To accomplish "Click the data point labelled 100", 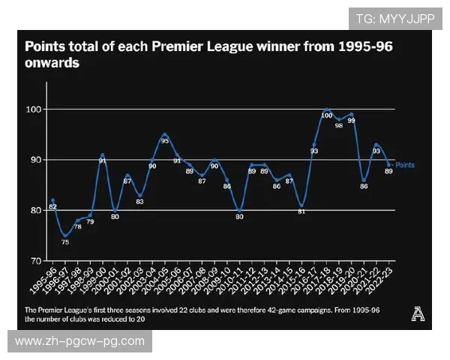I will point(327,109).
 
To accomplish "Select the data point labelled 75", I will point(65,235).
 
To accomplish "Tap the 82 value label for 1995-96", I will point(52,206).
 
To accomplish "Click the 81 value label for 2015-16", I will point(301,211).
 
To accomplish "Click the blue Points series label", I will point(404,165).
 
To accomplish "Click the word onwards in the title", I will point(52,64).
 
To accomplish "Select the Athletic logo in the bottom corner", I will point(418,315).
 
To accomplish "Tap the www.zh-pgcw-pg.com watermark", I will point(79,341).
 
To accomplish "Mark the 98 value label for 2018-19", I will point(339,126).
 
